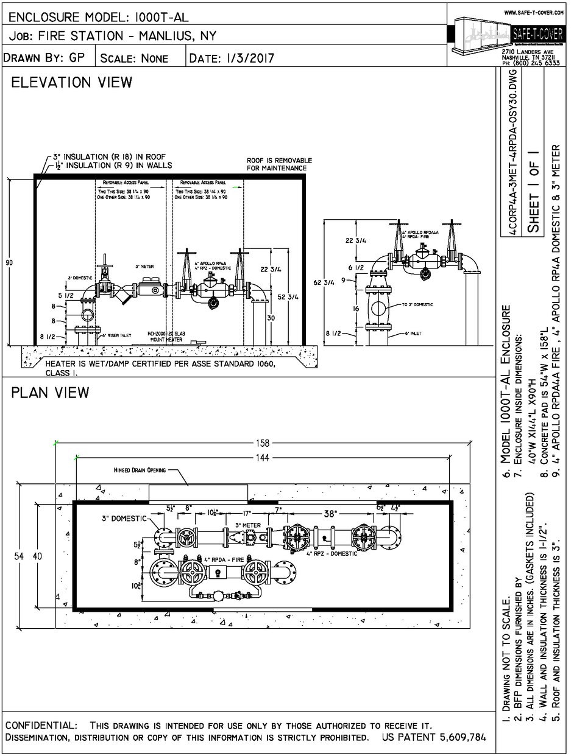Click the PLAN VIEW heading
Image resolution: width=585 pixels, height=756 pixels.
tap(50, 393)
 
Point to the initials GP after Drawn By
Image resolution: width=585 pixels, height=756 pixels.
tap(77, 58)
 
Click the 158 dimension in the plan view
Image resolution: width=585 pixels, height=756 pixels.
tap(263, 443)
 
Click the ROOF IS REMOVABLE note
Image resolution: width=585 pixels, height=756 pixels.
tap(276, 164)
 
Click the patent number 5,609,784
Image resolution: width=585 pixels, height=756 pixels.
tap(462, 738)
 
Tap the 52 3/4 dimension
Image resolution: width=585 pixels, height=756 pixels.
tap(292, 297)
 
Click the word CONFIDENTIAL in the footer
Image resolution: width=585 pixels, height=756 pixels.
tap(41, 726)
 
